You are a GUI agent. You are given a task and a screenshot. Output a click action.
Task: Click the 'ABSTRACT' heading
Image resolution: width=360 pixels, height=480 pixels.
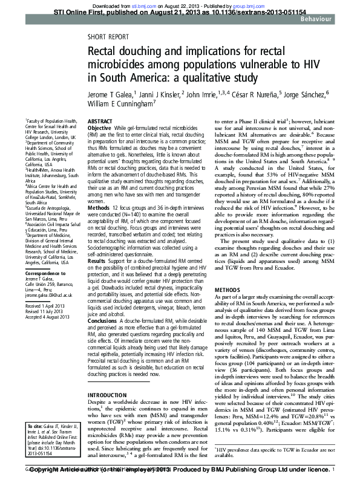100,122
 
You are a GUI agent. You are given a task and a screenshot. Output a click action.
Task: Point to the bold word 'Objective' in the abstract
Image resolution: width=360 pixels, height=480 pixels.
99,129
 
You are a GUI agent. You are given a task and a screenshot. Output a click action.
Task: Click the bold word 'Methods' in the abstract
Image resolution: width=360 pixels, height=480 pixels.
99,207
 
